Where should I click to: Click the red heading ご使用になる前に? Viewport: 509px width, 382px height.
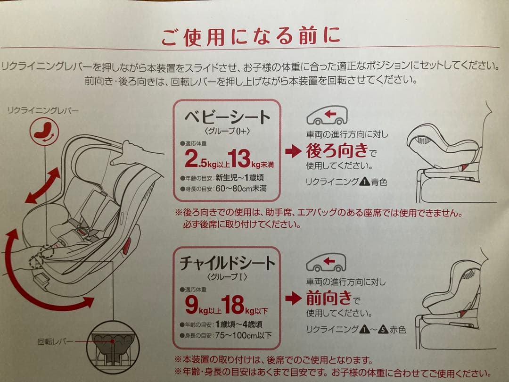pos(250,37)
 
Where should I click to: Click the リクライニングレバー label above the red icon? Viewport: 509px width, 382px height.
pos(43,110)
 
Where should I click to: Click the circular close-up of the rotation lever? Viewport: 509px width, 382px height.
pos(113,347)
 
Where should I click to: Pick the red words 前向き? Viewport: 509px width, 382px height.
pos(328,298)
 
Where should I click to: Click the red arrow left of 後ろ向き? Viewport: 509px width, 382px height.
pos(292,151)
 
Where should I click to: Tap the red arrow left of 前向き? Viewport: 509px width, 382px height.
pos(292,298)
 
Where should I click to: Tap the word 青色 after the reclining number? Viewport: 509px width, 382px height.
pos(379,182)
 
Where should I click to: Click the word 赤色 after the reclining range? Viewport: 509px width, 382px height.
pos(398,330)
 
